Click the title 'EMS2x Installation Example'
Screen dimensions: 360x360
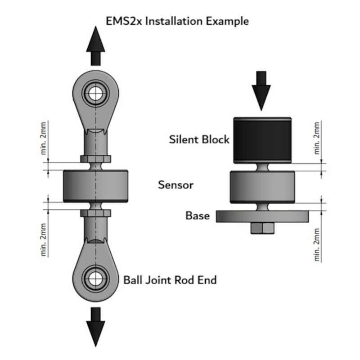177,21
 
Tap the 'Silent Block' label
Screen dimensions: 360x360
199,139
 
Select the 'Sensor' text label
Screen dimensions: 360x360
175,185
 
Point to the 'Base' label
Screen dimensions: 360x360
198,216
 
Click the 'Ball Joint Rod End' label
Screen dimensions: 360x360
170,280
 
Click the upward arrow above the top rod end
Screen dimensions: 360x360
95,46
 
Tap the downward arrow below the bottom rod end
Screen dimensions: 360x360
95,327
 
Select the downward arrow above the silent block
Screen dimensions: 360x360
261,91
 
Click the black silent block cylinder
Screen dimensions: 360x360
262,140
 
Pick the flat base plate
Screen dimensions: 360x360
262,216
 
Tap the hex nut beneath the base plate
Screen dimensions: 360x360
262,228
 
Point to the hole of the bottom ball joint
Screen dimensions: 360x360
95,279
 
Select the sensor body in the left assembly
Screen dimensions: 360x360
95,186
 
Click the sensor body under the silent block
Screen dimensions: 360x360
262,187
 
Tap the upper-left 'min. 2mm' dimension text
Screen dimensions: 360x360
43,138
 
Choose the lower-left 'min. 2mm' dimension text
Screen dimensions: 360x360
43,240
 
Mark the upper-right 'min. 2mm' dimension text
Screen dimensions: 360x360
317,138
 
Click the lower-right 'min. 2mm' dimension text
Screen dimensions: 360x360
317,245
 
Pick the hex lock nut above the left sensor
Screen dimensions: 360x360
95,159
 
